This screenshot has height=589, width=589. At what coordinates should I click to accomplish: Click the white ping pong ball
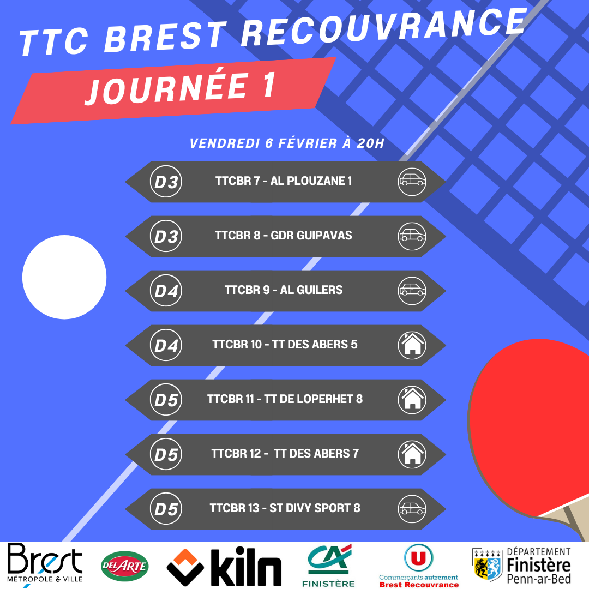pyautogui.click(x=64, y=277)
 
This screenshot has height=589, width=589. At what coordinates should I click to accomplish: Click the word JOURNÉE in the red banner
pyautogui.click(x=168, y=89)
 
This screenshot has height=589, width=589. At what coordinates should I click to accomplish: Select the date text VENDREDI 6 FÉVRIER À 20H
pyautogui.click(x=287, y=143)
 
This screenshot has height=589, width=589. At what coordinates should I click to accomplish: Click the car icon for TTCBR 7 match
pyautogui.click(x=412, y=182)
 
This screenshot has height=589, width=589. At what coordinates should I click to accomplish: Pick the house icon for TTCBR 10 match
pyautogui.click(x=412, y=345)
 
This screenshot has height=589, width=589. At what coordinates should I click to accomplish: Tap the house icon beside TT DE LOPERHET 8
pyautogui.click(x=412, y=400)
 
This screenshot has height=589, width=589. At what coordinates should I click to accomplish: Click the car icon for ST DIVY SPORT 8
pyautogui.click(x=412, y=509)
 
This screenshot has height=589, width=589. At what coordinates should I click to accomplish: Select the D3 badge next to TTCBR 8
pyautogui.click(x=166, y=236)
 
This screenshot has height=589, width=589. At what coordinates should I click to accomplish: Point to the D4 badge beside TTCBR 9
pyautogui.click(x=166, y=291)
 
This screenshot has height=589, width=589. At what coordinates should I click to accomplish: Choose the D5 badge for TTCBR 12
pyautogui.click(x=166, y=454)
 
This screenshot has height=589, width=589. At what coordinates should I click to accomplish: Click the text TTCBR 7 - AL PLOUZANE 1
pyautogui.click(x=284, y=181)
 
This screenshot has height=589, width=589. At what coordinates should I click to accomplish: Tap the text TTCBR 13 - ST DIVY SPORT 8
pyautogui.click(x=285, y=508)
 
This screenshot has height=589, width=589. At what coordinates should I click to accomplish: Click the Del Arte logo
pyautogui.click(x=125, y=566)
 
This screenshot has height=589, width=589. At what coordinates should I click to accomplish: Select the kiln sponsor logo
pyautogui.click(x=224, y=567)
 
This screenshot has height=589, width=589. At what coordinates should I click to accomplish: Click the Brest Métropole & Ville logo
pyautogui.click(x=45, y=563)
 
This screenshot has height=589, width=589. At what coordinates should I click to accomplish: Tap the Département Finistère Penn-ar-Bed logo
pyautogui.click(x=521, y=566)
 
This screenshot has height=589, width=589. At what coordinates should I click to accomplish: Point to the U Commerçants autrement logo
pyautogui.click(x=419, y=566)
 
